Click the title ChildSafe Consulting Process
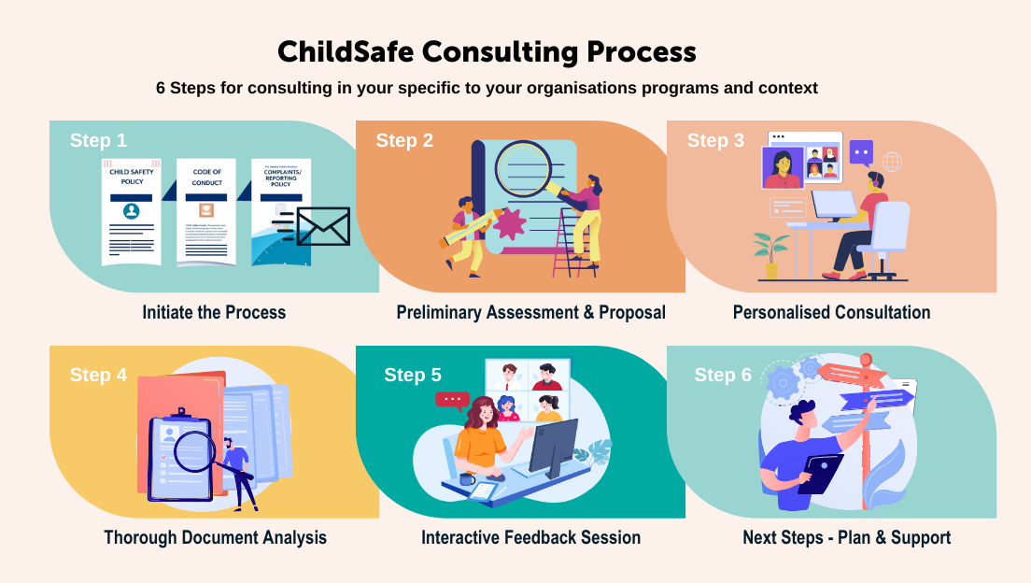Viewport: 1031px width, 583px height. (487, 50)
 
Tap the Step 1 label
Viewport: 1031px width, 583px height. (98, 140)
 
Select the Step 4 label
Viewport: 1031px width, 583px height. (98, 375)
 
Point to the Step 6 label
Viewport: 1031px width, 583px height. (723, 375)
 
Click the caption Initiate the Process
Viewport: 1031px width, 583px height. (214, 312)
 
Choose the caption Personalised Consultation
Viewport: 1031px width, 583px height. (831, 312)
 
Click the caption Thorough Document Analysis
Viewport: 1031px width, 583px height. (215, 537)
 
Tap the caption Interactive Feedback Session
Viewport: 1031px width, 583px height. (530, 537)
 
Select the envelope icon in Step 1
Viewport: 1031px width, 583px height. (322, 226)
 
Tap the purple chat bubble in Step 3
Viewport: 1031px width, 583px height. (861, 151)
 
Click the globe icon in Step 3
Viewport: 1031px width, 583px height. (892, 162)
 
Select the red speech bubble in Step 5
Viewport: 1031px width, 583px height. (452, 400)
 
